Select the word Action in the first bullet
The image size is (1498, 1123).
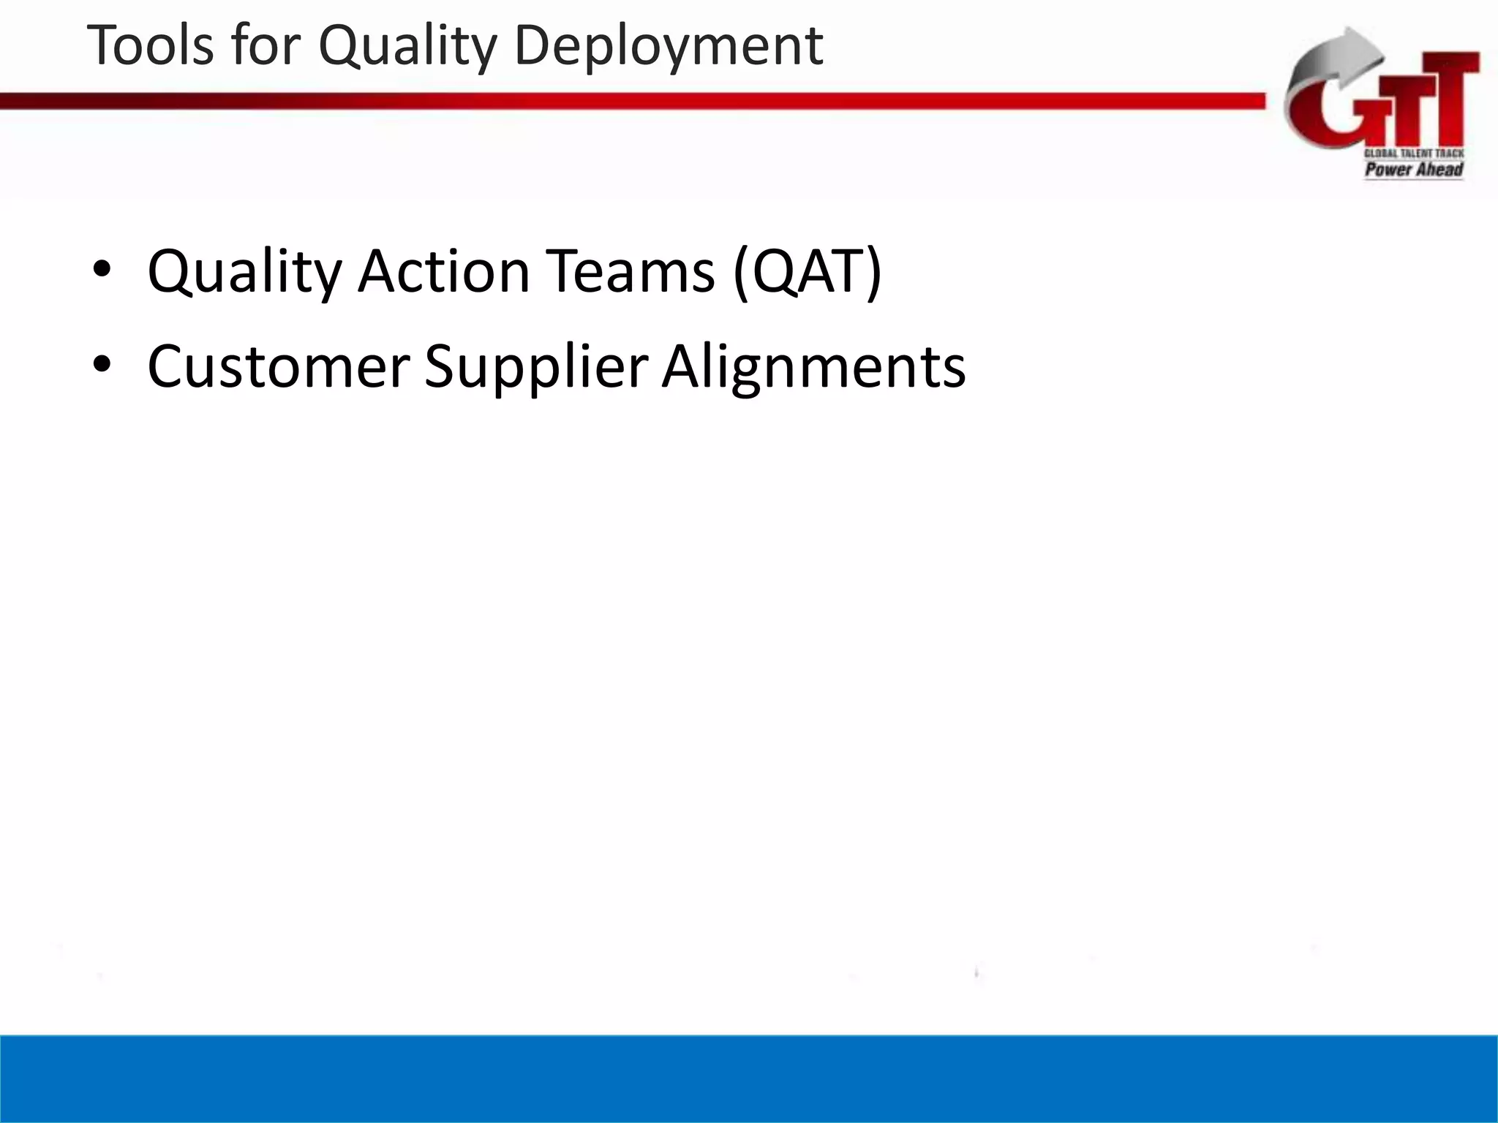(x=443, y=271)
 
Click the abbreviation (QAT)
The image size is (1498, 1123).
(x=808, y=273)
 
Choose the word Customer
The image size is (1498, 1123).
(x=278, y=366)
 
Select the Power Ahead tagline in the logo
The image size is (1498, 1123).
(x=1413, y=170)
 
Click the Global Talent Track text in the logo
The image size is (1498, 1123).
(x=1413, y=154)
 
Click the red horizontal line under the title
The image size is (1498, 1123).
(x=629, y=102)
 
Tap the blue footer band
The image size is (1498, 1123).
(x=749, y=1078)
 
